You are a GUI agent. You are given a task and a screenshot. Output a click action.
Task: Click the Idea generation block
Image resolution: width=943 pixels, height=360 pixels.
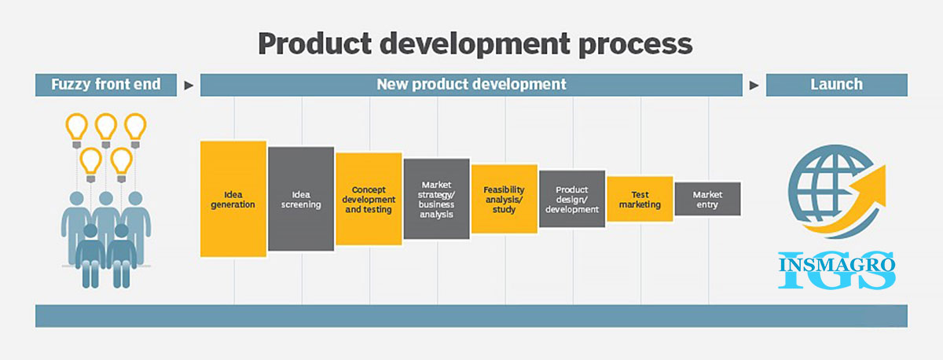pyautogui.click(x=233, y=199)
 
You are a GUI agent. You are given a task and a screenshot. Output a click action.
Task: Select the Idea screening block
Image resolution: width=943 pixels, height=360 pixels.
pyautogui.click(x=301, y=199)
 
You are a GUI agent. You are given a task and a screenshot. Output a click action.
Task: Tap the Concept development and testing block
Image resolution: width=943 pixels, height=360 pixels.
pyautogui.click(x=369, y=199)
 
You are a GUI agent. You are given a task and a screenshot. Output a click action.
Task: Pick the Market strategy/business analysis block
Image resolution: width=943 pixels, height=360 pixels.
pyautogui.click(x=437, y=199)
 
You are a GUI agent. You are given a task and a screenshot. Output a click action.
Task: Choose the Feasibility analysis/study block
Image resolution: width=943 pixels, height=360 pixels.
pyautogui.click(x=505, y=199)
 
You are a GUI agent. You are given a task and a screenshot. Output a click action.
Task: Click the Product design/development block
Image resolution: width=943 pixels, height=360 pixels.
pyautogui.click(x=572, y=199)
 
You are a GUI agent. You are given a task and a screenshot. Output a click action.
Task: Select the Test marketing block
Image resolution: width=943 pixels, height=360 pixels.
pyautogui.click(x=640, y=199)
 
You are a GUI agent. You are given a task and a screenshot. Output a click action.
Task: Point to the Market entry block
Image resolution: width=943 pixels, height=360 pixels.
pyautogui.click(x=708, y=199)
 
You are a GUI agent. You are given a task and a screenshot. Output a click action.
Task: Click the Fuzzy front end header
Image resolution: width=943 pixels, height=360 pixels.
pyautogui.click(x=106, y=85)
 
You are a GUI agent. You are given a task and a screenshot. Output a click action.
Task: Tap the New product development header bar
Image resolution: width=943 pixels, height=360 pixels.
pyautogui.click(x=472, y=85)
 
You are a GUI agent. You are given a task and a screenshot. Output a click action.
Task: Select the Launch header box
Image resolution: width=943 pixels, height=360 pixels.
pyautogui.click(x=837, y=85)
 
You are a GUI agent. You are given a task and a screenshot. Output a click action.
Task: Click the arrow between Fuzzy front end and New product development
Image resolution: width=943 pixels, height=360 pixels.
pyautogui.click(x=189, y=86)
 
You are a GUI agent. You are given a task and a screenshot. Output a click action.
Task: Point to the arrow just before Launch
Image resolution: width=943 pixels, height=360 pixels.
pyautogui.click(x=754, y=86)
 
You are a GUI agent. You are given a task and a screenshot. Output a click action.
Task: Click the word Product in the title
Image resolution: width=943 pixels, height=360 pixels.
pyautogui.click(x=315, y=43)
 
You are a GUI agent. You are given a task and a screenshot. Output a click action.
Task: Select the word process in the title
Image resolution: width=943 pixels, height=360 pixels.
pyautogui.click(x=636, y=46)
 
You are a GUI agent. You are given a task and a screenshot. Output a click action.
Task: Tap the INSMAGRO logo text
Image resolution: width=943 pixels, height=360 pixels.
pyautogui.click(x=837, y=265)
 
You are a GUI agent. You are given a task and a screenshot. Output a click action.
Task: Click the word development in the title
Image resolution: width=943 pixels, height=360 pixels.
pyautogui.click(x=475, y=44)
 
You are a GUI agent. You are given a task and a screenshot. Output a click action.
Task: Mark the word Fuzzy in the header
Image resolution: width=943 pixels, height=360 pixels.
pyautogui.click(x=71, y=85)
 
